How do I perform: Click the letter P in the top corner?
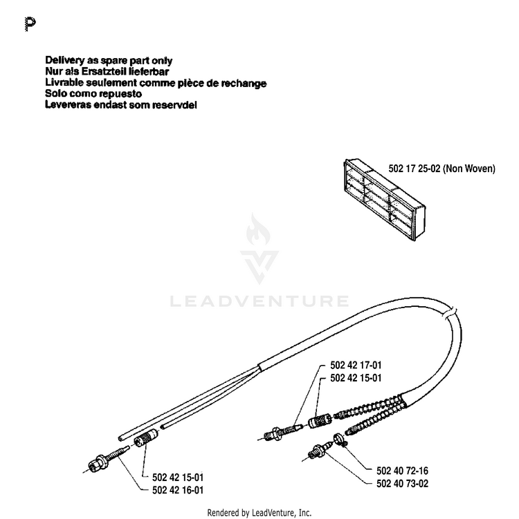(x=30, y=24)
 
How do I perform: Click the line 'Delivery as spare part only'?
(x=109, y=61)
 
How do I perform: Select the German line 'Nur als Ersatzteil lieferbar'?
(x=107, y=71)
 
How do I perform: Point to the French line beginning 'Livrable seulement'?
(x=156, y=83)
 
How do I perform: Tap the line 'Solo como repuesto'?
(x=93, y=94)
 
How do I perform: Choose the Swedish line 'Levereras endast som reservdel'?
(x=121, y=104)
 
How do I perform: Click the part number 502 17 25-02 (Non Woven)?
(x=441, y=169)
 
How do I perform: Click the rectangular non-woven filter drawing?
(x=385, y=200)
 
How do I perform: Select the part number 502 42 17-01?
(x=356, y=365)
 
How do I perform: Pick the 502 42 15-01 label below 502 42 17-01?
(x=356, y=377)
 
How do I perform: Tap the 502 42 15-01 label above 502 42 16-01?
(x=178, y=478)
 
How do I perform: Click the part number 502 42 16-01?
(x=178, y=490)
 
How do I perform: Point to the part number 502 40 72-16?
(x=402, y=471)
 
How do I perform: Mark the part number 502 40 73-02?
(x=402, y=484)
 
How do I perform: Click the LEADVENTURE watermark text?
(x=259, y=301)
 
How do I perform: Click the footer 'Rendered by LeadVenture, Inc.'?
(x=259, y=513)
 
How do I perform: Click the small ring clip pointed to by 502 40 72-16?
(x=339, y=439)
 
